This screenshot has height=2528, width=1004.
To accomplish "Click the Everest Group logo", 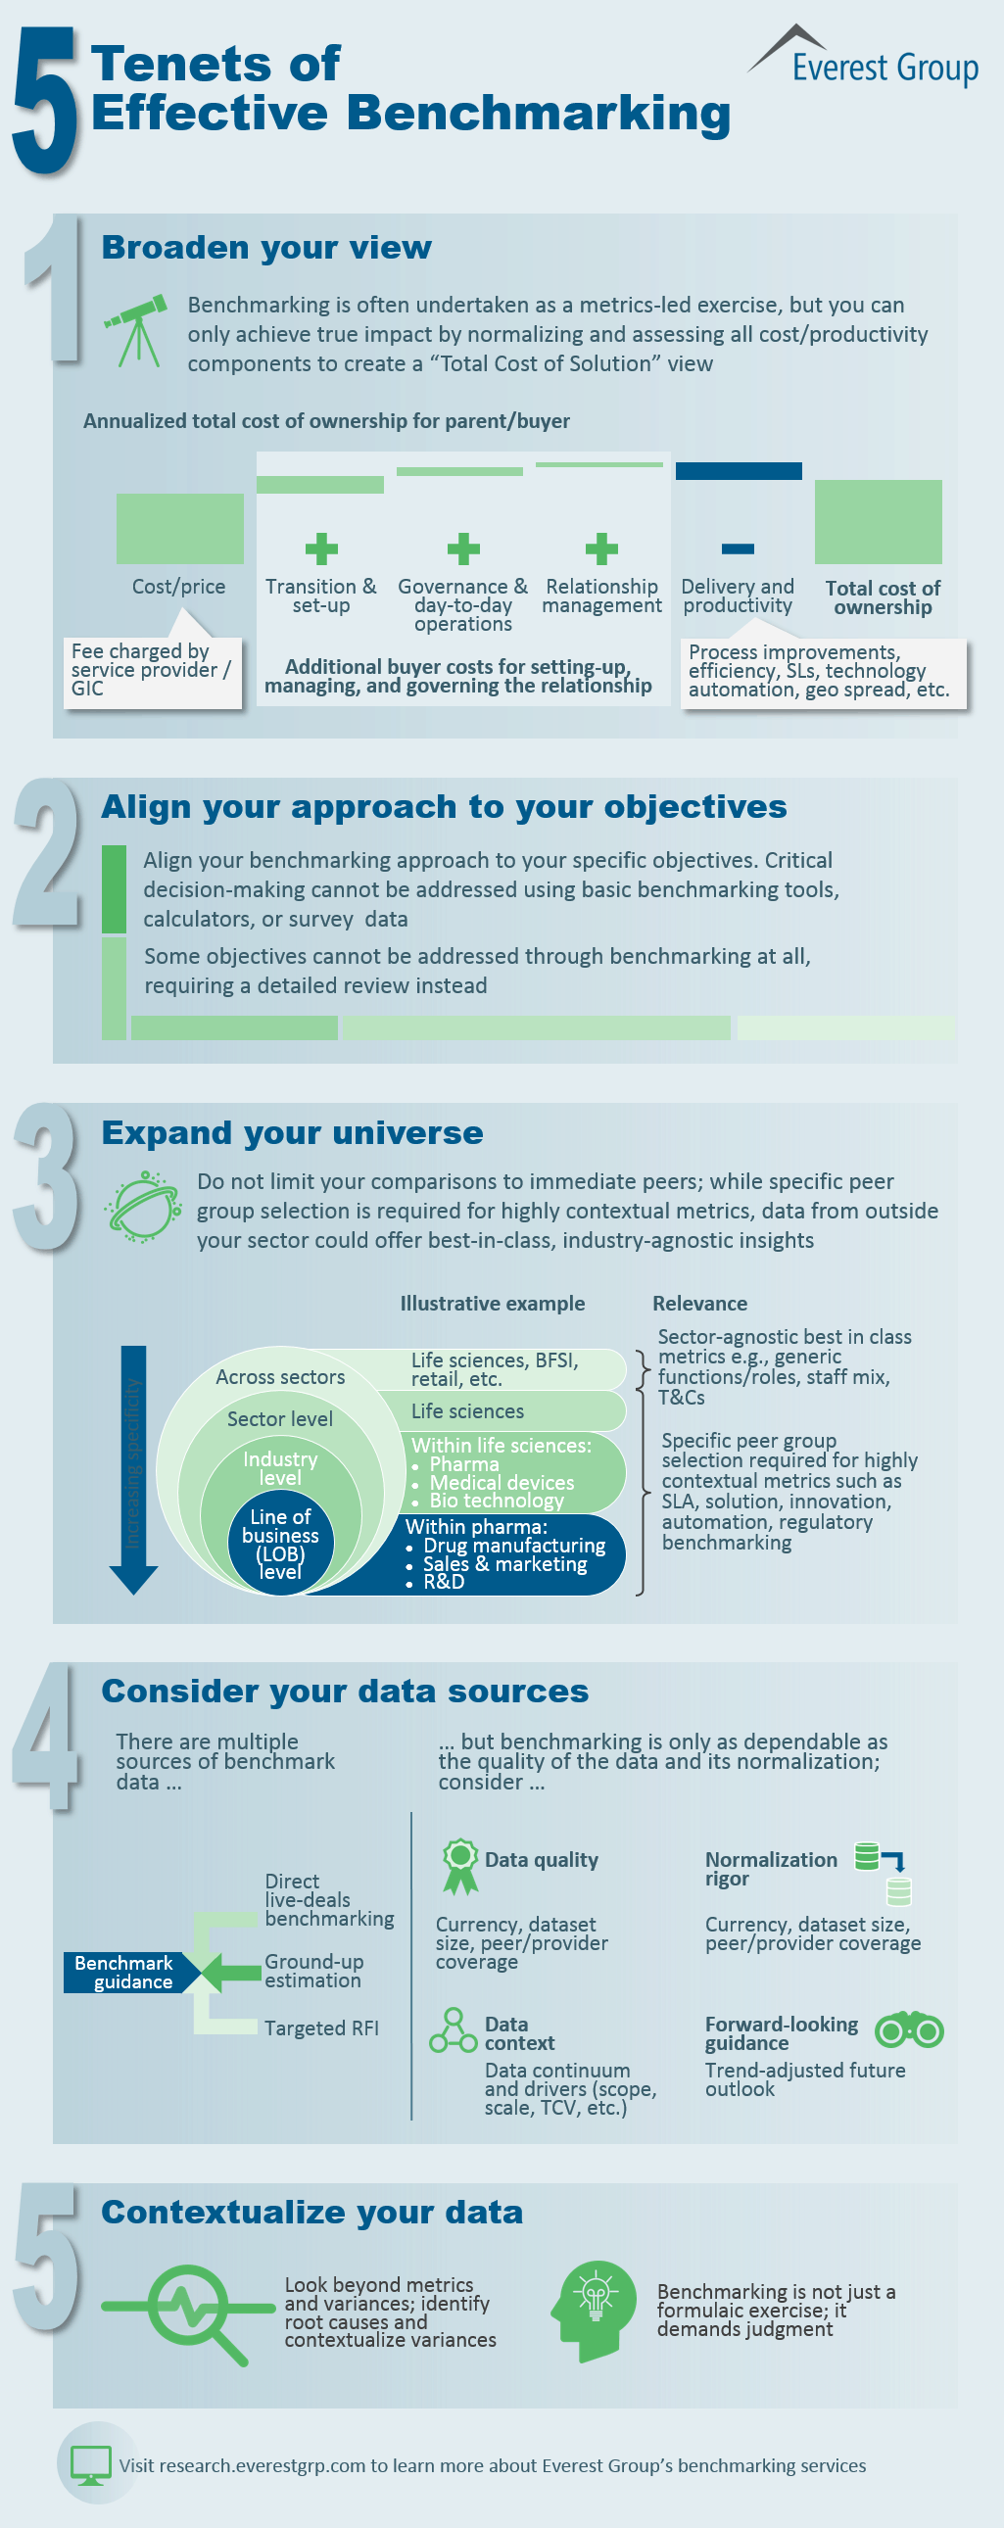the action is [x=863, y=57].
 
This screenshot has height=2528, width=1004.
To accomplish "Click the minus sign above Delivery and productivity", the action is [x=738, y=549].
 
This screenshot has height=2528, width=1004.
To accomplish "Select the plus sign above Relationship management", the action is [x=601, y=549].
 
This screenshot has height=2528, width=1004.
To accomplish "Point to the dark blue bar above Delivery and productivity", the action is [x=738, y=471].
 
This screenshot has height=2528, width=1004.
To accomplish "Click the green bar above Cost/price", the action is [x=179, y=528].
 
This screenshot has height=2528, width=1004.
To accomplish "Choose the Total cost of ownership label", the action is [x=883, y=596].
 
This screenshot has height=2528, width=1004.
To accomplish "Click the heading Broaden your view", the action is [x=266, y=247].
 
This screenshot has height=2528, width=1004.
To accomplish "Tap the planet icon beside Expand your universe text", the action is [x=143, y=1207].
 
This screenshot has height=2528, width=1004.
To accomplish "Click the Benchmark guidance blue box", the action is [x=124, y=1973].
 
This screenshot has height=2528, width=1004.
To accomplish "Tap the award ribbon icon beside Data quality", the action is [x=459, y=1866].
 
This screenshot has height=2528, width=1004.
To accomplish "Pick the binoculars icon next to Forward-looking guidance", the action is [x=909, y=2029].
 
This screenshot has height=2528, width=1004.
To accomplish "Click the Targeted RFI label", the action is [x=321, y=2027].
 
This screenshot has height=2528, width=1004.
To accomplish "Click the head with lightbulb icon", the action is [x=594, y=2311].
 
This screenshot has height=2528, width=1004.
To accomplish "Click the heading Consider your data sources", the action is [x=345, y=1691].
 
